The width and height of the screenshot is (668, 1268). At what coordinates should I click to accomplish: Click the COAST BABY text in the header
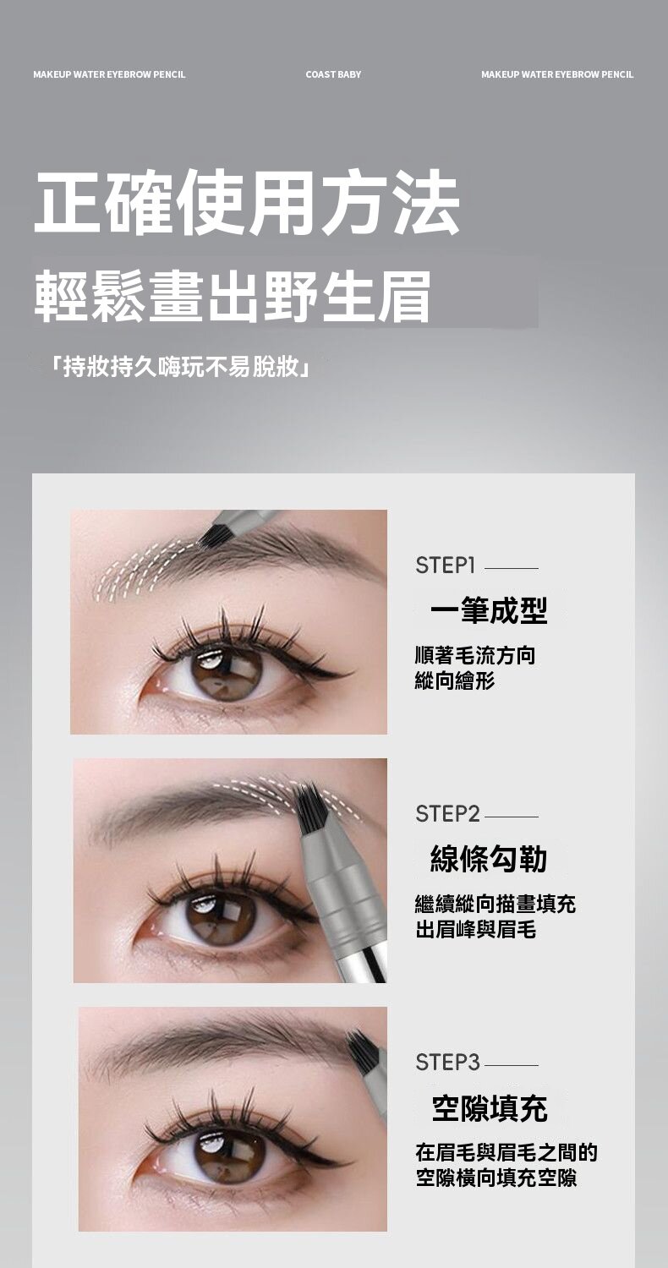[x=333, y=74]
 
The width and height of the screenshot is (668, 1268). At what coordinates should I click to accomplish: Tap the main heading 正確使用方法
[x=247, y=203]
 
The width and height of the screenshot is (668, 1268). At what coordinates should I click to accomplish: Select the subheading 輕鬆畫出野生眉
[x=232, y=296]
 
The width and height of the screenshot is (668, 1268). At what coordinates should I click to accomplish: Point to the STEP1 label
[x=445, y=566]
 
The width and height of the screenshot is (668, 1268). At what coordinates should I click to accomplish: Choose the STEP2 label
[x=447, y=814]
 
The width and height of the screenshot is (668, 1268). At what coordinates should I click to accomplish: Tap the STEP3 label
[x=447, y=1063]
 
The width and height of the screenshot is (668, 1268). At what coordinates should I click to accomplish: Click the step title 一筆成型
[x=489, y=610]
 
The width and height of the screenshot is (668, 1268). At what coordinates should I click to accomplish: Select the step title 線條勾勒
[x=489, y=859]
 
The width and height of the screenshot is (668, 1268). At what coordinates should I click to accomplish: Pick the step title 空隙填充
[x=490, y=1107]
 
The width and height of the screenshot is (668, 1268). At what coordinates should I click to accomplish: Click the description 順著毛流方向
[x=475, y=655]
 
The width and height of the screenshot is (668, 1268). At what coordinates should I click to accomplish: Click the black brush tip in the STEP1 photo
[x=211, y=535]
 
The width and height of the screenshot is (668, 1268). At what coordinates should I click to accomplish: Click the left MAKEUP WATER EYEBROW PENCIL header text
[x=109, y=74]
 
